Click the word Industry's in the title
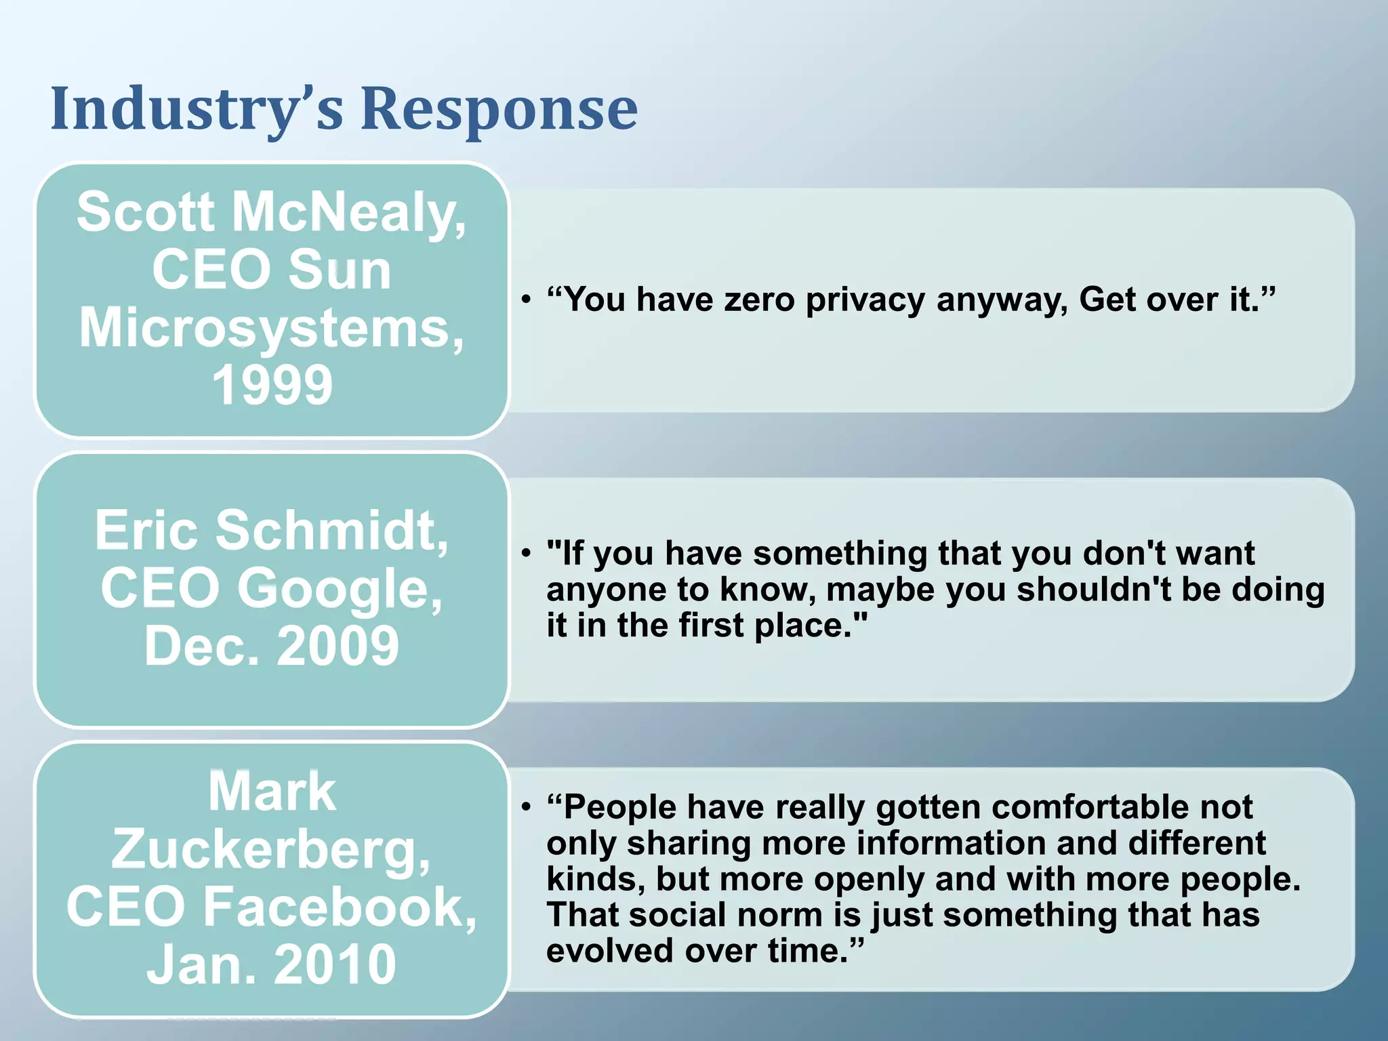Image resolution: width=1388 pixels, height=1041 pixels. [197, 108]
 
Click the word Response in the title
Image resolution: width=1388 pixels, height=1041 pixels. [499, 108]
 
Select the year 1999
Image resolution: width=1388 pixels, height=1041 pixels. [272, 385]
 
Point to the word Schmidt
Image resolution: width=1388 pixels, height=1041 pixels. [332, 530]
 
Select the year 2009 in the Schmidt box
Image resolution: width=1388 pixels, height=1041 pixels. [338, 645]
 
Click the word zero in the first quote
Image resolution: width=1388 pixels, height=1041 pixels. [759, 300]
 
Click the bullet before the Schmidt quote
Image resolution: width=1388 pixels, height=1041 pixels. [526, 553]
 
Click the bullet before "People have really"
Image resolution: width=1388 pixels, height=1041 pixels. [526, 807]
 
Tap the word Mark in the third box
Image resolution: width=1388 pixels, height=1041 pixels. [272, 792]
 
